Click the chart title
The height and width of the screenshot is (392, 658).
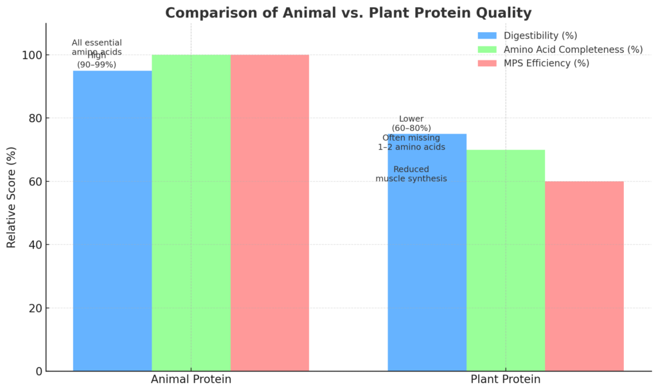point(348,13)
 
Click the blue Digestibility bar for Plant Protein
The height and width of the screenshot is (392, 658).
point(427,270)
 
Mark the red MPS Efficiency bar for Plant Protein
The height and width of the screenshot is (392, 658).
point(584,276)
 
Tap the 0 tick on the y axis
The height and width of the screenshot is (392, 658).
point(38,371)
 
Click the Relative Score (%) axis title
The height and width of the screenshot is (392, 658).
point(11,197)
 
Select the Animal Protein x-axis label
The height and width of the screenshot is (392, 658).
point(191,380)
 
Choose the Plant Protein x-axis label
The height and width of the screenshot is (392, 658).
point(506,380)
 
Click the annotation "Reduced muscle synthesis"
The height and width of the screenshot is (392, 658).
point(411,174)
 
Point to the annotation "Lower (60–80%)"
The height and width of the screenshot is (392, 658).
point(411,123)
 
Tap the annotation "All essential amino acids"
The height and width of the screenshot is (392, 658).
point(96,47)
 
